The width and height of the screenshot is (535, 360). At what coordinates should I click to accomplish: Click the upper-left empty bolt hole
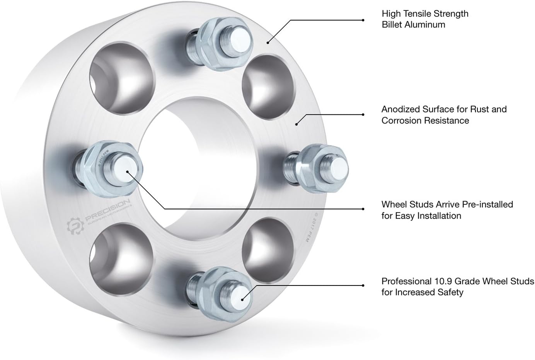(x=122, y=73)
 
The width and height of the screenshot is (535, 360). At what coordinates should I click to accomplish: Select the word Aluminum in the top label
(x=426, y=25)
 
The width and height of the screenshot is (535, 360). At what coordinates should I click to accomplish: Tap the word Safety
(x=450, y=292)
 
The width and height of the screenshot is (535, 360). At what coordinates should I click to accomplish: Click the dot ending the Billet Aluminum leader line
(x=363, y=19)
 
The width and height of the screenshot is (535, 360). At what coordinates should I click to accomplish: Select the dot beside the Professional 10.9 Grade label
(x=363, y=286)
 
